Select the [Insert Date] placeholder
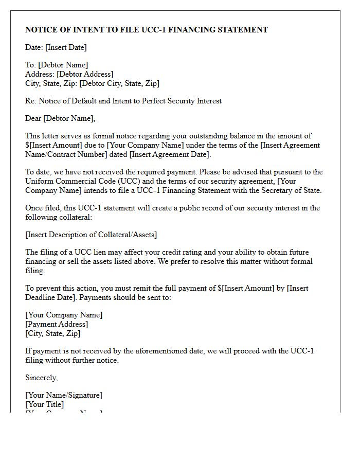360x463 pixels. (x=66, y=47)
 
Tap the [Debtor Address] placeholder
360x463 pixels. (x=85, y=74)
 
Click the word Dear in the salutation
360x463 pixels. (x=33, y=118)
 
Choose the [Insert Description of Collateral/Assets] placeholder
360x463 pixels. (x=91, y=235)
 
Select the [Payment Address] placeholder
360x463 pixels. (x=57, y=324)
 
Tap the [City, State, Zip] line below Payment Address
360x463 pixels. (x=52, y=333)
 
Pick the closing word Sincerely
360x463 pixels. (x=41, y=378)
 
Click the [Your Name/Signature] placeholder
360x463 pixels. (x=64, y=395)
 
